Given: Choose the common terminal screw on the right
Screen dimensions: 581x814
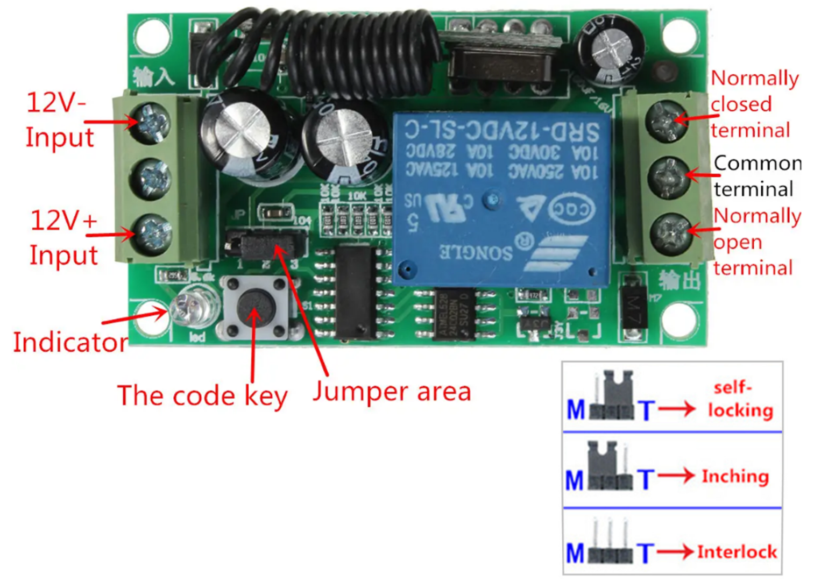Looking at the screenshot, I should pos(669,177).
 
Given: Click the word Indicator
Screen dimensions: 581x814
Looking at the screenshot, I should pos(70,343).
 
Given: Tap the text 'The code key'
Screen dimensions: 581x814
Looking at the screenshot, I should pos(202,395).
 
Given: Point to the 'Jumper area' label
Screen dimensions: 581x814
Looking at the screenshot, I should pos(392,392).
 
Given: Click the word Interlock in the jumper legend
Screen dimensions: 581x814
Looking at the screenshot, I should pos(737,552).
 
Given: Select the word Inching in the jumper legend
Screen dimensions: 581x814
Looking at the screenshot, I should pos(735,476).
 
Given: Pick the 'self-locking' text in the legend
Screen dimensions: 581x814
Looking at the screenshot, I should pos(740,399).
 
